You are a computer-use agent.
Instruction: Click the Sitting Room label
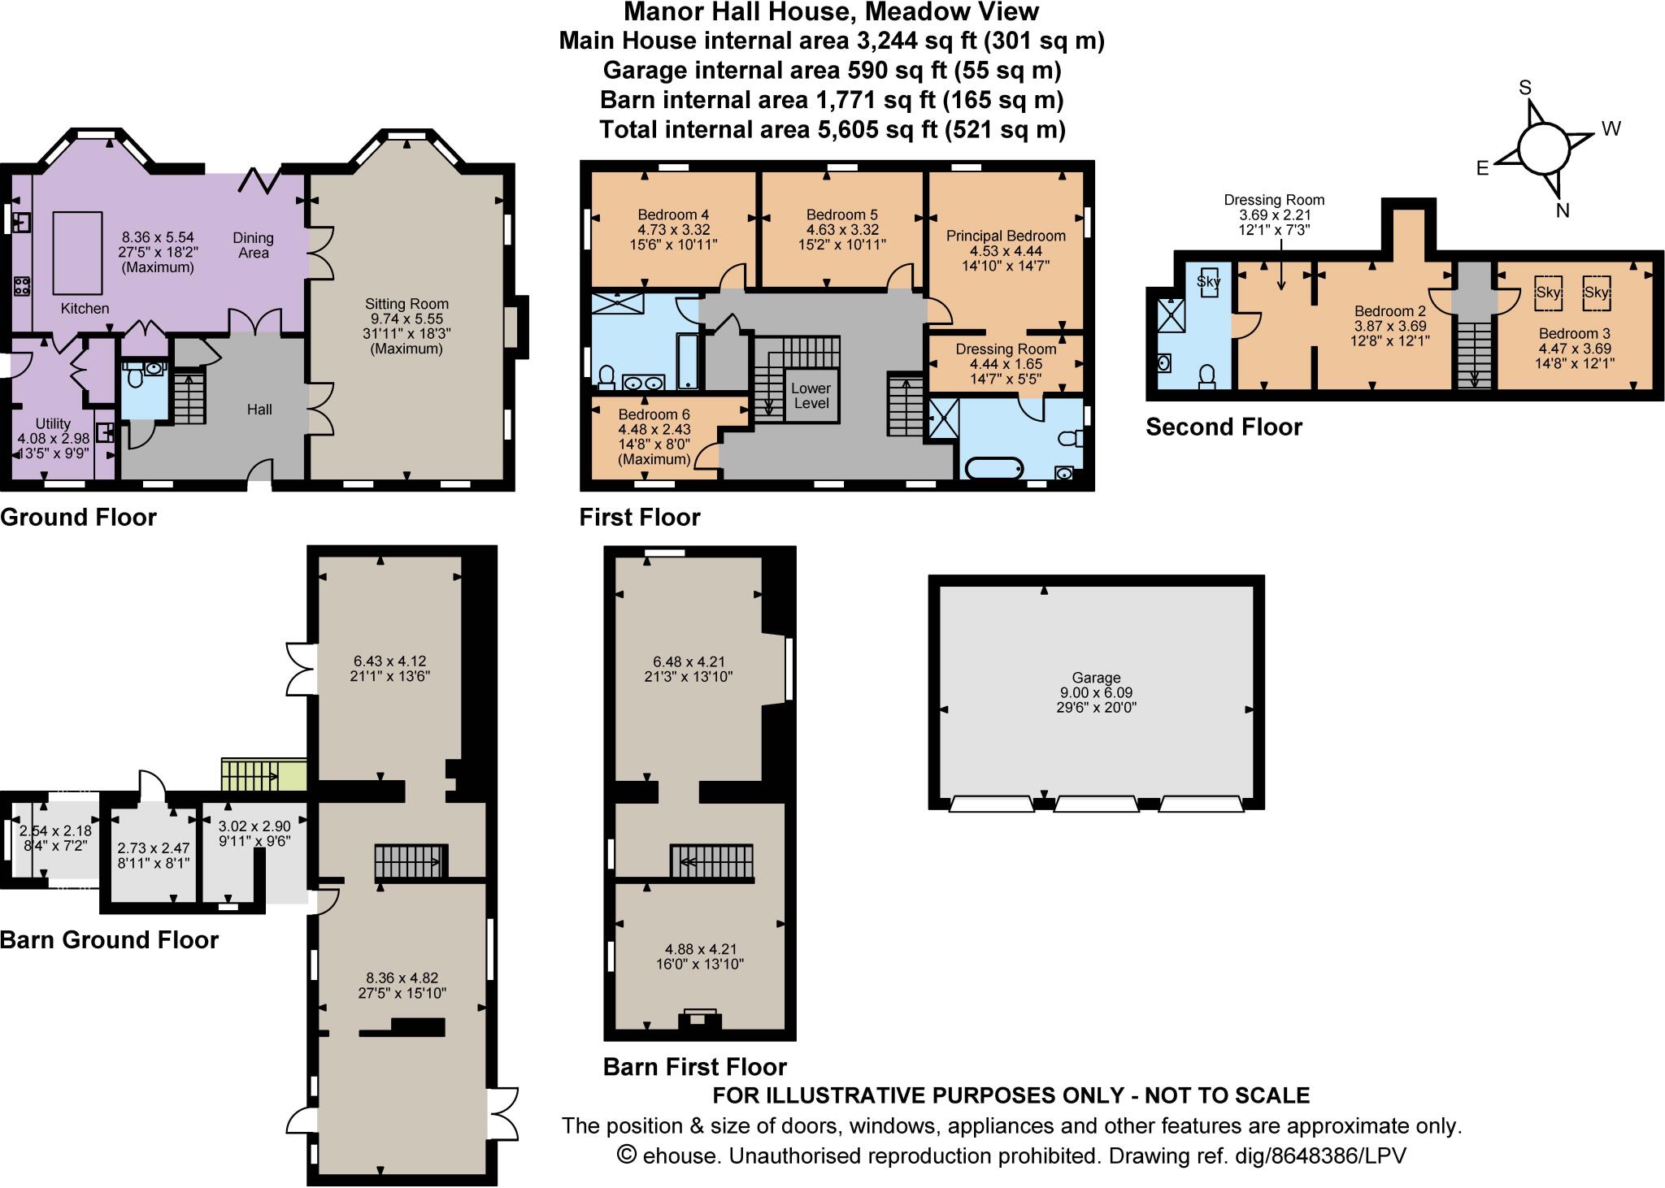(x=406, y=304)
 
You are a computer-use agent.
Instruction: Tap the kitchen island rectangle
(x=78, y=253)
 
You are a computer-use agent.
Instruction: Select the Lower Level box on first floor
(x=811, y=396)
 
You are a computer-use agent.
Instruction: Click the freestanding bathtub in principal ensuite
(x=993, y=469)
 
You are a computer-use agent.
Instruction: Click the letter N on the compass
(x=1562, y=210)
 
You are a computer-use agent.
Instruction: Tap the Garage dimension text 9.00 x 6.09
(x=1096, y=692)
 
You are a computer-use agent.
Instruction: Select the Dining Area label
(x=253, y=245)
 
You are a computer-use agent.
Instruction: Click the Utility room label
(x=53, y=423)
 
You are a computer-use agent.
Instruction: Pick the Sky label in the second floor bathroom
(x=1208, y=282)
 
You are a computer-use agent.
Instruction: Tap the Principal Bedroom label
(x=1006, y=236)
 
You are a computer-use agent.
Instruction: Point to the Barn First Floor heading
(x=695, y=1066)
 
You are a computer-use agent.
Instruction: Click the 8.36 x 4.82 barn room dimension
(x=402, y=978)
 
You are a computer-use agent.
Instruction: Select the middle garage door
(x=1096, y=804)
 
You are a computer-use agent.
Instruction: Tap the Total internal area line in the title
(x=832, y=129)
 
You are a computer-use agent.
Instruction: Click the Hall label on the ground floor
(x=259, y=410)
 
